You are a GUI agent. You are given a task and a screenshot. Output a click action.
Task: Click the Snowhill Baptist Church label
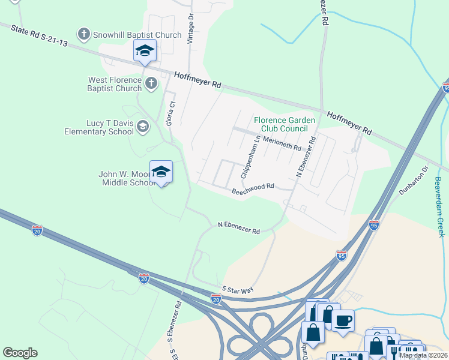[137, 35]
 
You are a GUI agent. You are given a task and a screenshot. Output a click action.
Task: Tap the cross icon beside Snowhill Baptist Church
[84, 34]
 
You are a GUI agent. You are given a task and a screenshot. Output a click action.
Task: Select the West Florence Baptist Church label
[115, 84]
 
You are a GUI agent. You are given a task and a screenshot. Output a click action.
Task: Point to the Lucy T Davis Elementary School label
[101, 127]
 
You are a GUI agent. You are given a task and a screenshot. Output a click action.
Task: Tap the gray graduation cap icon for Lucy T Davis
[142, 126]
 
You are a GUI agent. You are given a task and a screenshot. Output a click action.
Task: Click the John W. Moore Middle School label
[127, 179]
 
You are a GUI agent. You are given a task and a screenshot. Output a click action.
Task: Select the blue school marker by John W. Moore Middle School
[161, 172]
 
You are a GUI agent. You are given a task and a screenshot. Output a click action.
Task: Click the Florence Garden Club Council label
[285, 124]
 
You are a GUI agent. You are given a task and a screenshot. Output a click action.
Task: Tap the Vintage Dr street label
[191, 27]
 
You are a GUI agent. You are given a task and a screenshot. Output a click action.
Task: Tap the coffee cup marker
[343, 320]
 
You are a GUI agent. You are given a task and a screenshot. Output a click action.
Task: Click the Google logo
[20, 353]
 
